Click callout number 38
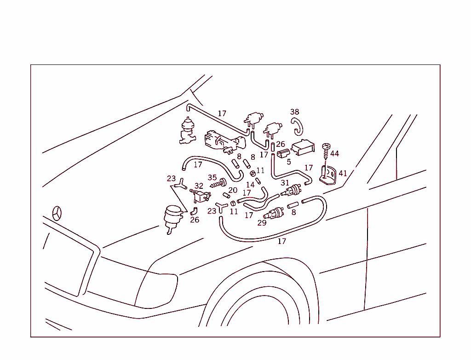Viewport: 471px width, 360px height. point(294,112)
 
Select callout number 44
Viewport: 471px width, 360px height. point(334,153)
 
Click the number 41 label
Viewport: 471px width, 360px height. point(343,174)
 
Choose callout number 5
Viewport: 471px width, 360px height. point(289,162)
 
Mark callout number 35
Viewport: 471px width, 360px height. point(212,178)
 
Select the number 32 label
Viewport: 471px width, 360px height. point(199,186)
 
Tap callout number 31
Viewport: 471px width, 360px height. point(285,183)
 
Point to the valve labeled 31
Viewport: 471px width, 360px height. point(293,190)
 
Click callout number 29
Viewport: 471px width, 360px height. point(262,223)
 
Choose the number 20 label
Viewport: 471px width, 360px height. point(233,190)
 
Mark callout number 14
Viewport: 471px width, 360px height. point(250,185)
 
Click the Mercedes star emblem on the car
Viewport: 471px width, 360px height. point(57,213)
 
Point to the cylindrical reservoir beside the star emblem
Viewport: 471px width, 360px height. point(172,217)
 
